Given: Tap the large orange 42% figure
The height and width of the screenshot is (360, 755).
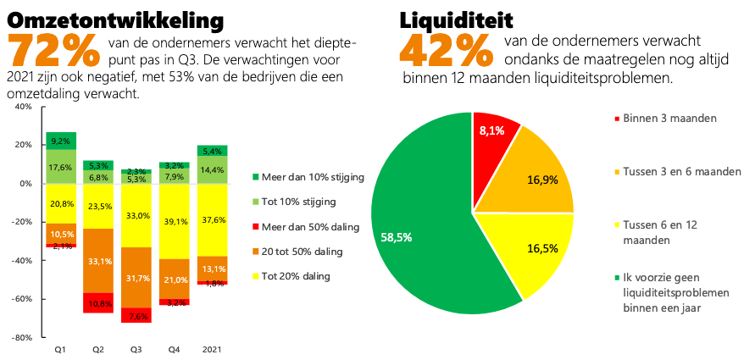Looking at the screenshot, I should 446,52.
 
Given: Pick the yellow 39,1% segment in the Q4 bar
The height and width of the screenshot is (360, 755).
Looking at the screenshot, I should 173,221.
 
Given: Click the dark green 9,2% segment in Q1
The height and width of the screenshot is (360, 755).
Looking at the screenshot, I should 61,141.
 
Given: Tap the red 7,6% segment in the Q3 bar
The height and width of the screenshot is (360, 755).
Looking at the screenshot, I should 136,315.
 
